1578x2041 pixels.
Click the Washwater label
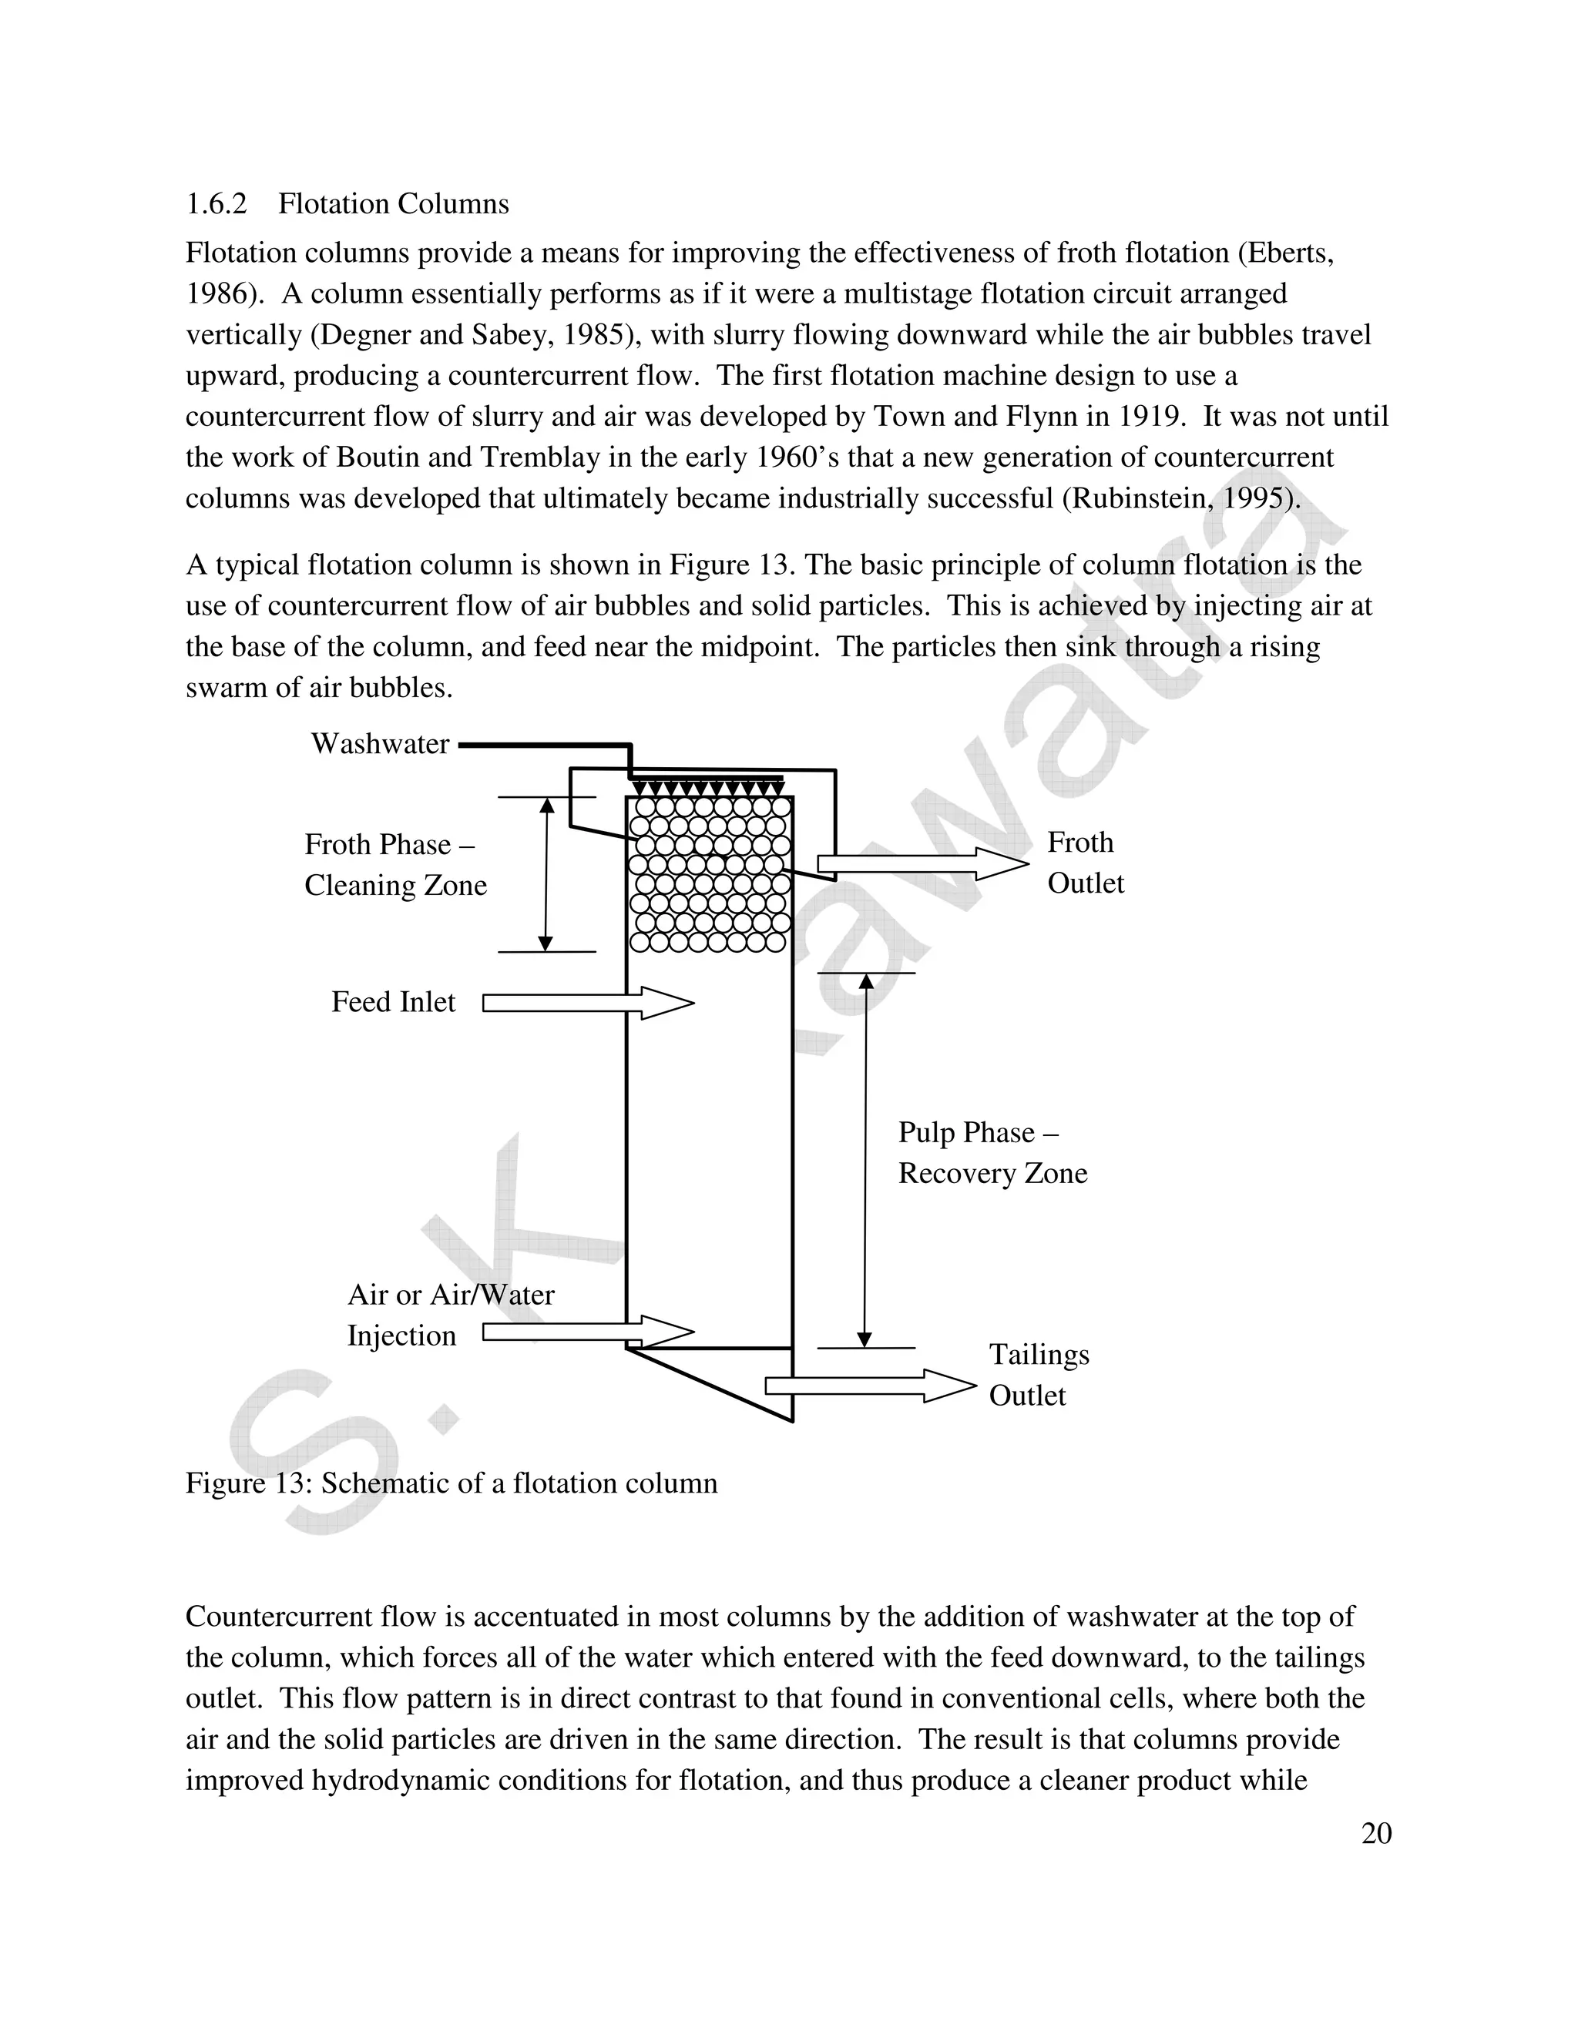(380, 744)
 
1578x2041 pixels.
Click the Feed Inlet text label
(393, 1003)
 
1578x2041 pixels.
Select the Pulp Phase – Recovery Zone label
(991, 1153)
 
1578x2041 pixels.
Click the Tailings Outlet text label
(1038, 1375)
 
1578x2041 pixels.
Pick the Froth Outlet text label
(1084, 863)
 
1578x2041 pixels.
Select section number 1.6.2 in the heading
(216, 205)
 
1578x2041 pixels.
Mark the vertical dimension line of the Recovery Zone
(865, 1159)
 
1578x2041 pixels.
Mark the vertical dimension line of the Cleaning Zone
(547, 874)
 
